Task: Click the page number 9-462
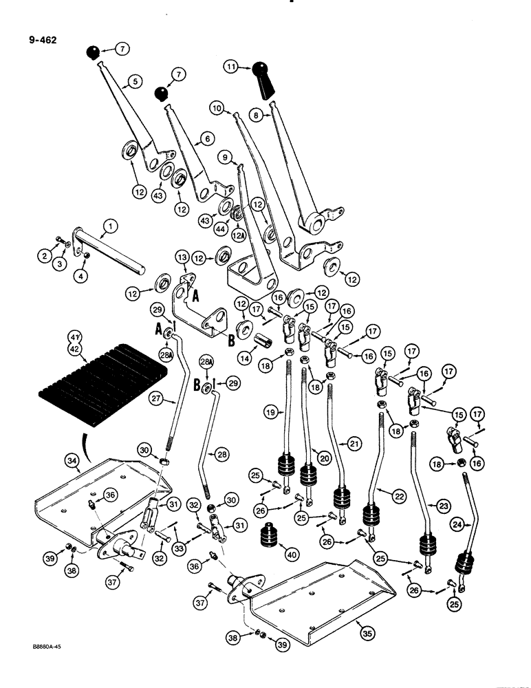[x=43, y=40]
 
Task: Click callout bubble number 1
[x=109, y=226]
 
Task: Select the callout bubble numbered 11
[x=230, y=67]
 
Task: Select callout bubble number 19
[x=271, y=413]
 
